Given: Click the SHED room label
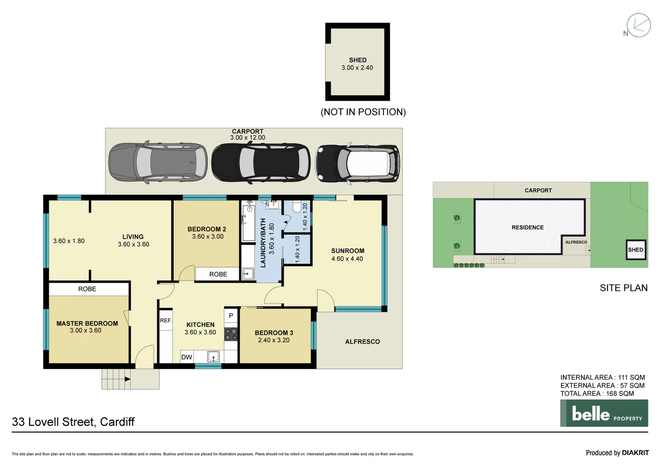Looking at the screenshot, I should (x=358, y=60).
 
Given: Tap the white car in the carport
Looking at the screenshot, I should (x=358, y=163).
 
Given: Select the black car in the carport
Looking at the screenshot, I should (x=260, y=163).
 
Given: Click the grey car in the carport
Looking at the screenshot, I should (x=158, y=163).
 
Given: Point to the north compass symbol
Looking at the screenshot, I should (x=638, y=26).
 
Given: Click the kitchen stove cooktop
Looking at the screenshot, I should (x=231, y=334).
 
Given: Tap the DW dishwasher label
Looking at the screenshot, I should (x=187, y=357).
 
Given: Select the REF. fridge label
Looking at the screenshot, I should (x=166, y=320).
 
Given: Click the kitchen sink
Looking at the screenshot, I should (x=213, y=357).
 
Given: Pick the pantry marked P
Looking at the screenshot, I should (x=231, y=316).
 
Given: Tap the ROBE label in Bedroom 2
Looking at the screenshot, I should (x=218, y=274).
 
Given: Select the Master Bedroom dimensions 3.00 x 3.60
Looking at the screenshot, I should (x=86, y=330).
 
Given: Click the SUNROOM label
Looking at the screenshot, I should (x=348, y=251).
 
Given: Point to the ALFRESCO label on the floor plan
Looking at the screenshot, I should (x=362, y=342).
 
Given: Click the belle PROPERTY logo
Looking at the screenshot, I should (x=604, y=413).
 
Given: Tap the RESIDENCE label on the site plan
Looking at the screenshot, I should (x=527, y=227).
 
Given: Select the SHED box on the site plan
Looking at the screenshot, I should (x=636, y=250).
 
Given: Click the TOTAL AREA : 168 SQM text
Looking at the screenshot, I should (x=597, y=393).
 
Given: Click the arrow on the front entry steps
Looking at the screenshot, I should (x=127, y=379).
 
